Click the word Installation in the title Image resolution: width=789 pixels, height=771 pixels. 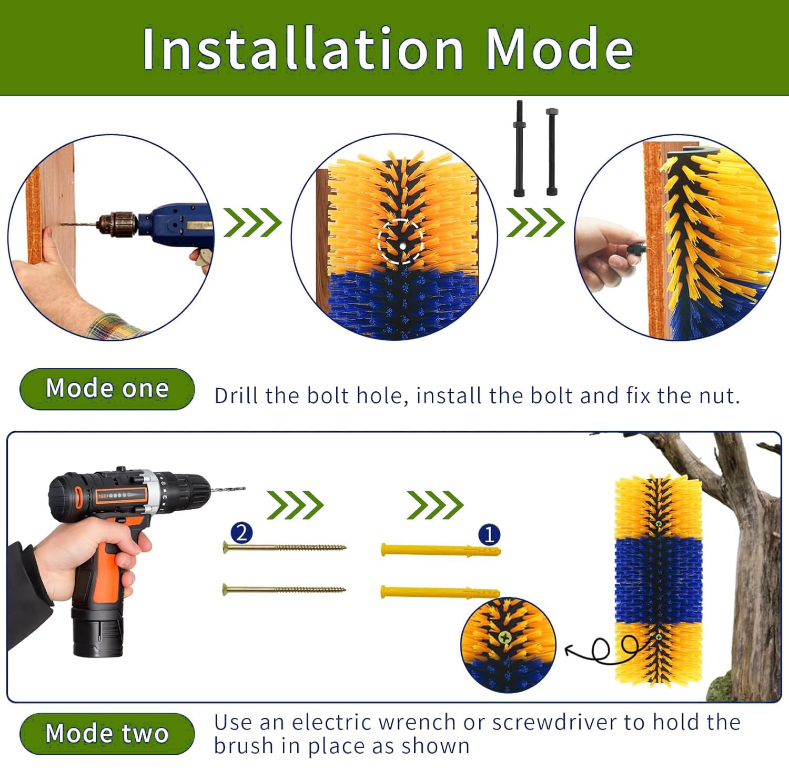302,49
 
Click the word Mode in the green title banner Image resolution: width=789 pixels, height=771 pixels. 559,49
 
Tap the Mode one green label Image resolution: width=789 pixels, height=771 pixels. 107,389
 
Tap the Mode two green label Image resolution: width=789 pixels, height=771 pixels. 107,733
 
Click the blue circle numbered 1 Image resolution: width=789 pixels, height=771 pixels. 489,535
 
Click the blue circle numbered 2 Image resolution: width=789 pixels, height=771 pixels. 241,533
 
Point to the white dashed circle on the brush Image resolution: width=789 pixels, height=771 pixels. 401,241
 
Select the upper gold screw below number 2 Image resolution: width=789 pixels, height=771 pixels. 284,547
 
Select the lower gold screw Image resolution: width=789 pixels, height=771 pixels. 284,589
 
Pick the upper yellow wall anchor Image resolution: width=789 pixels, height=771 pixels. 440,551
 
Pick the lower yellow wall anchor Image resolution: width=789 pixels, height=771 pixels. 440,592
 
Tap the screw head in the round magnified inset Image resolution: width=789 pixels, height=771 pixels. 505,637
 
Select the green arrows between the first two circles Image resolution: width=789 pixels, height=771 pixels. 252,222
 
